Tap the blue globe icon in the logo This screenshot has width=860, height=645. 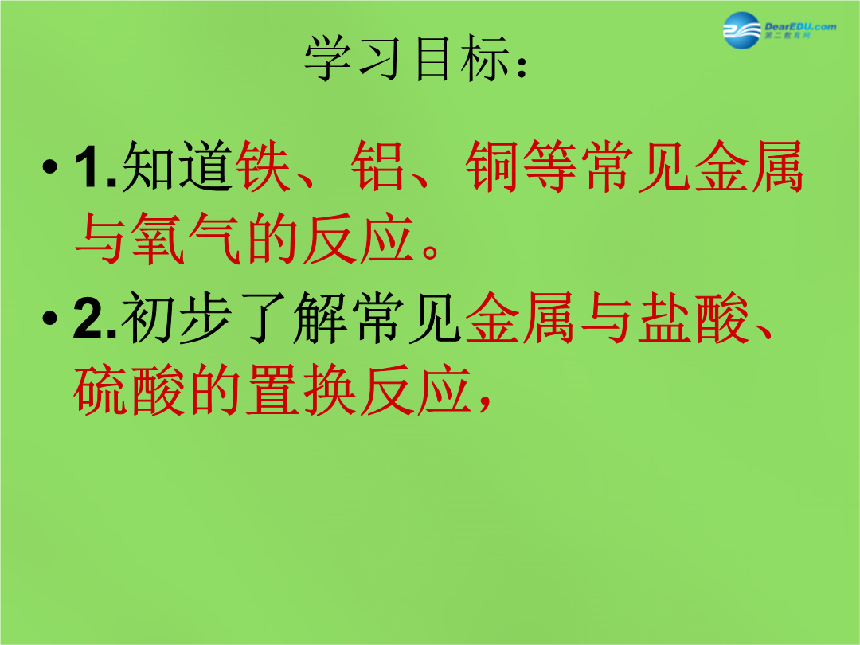click(x=741, y=30)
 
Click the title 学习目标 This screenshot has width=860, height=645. click(x=406, y=59)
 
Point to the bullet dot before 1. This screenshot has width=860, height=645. click(x=49, y=166)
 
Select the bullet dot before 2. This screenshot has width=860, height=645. click(x=49, y=318)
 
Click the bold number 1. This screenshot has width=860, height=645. click(x=90, y=166)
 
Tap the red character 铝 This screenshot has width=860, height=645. click(x=378, y=166)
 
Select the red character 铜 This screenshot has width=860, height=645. click(x=493, y=166)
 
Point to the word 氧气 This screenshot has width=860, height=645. click(x=158, y=239)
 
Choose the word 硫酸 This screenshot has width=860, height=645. click(x=128, y=389)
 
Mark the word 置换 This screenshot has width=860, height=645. click(x=300, y=389)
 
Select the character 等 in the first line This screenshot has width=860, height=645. click(x=550, y=166)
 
